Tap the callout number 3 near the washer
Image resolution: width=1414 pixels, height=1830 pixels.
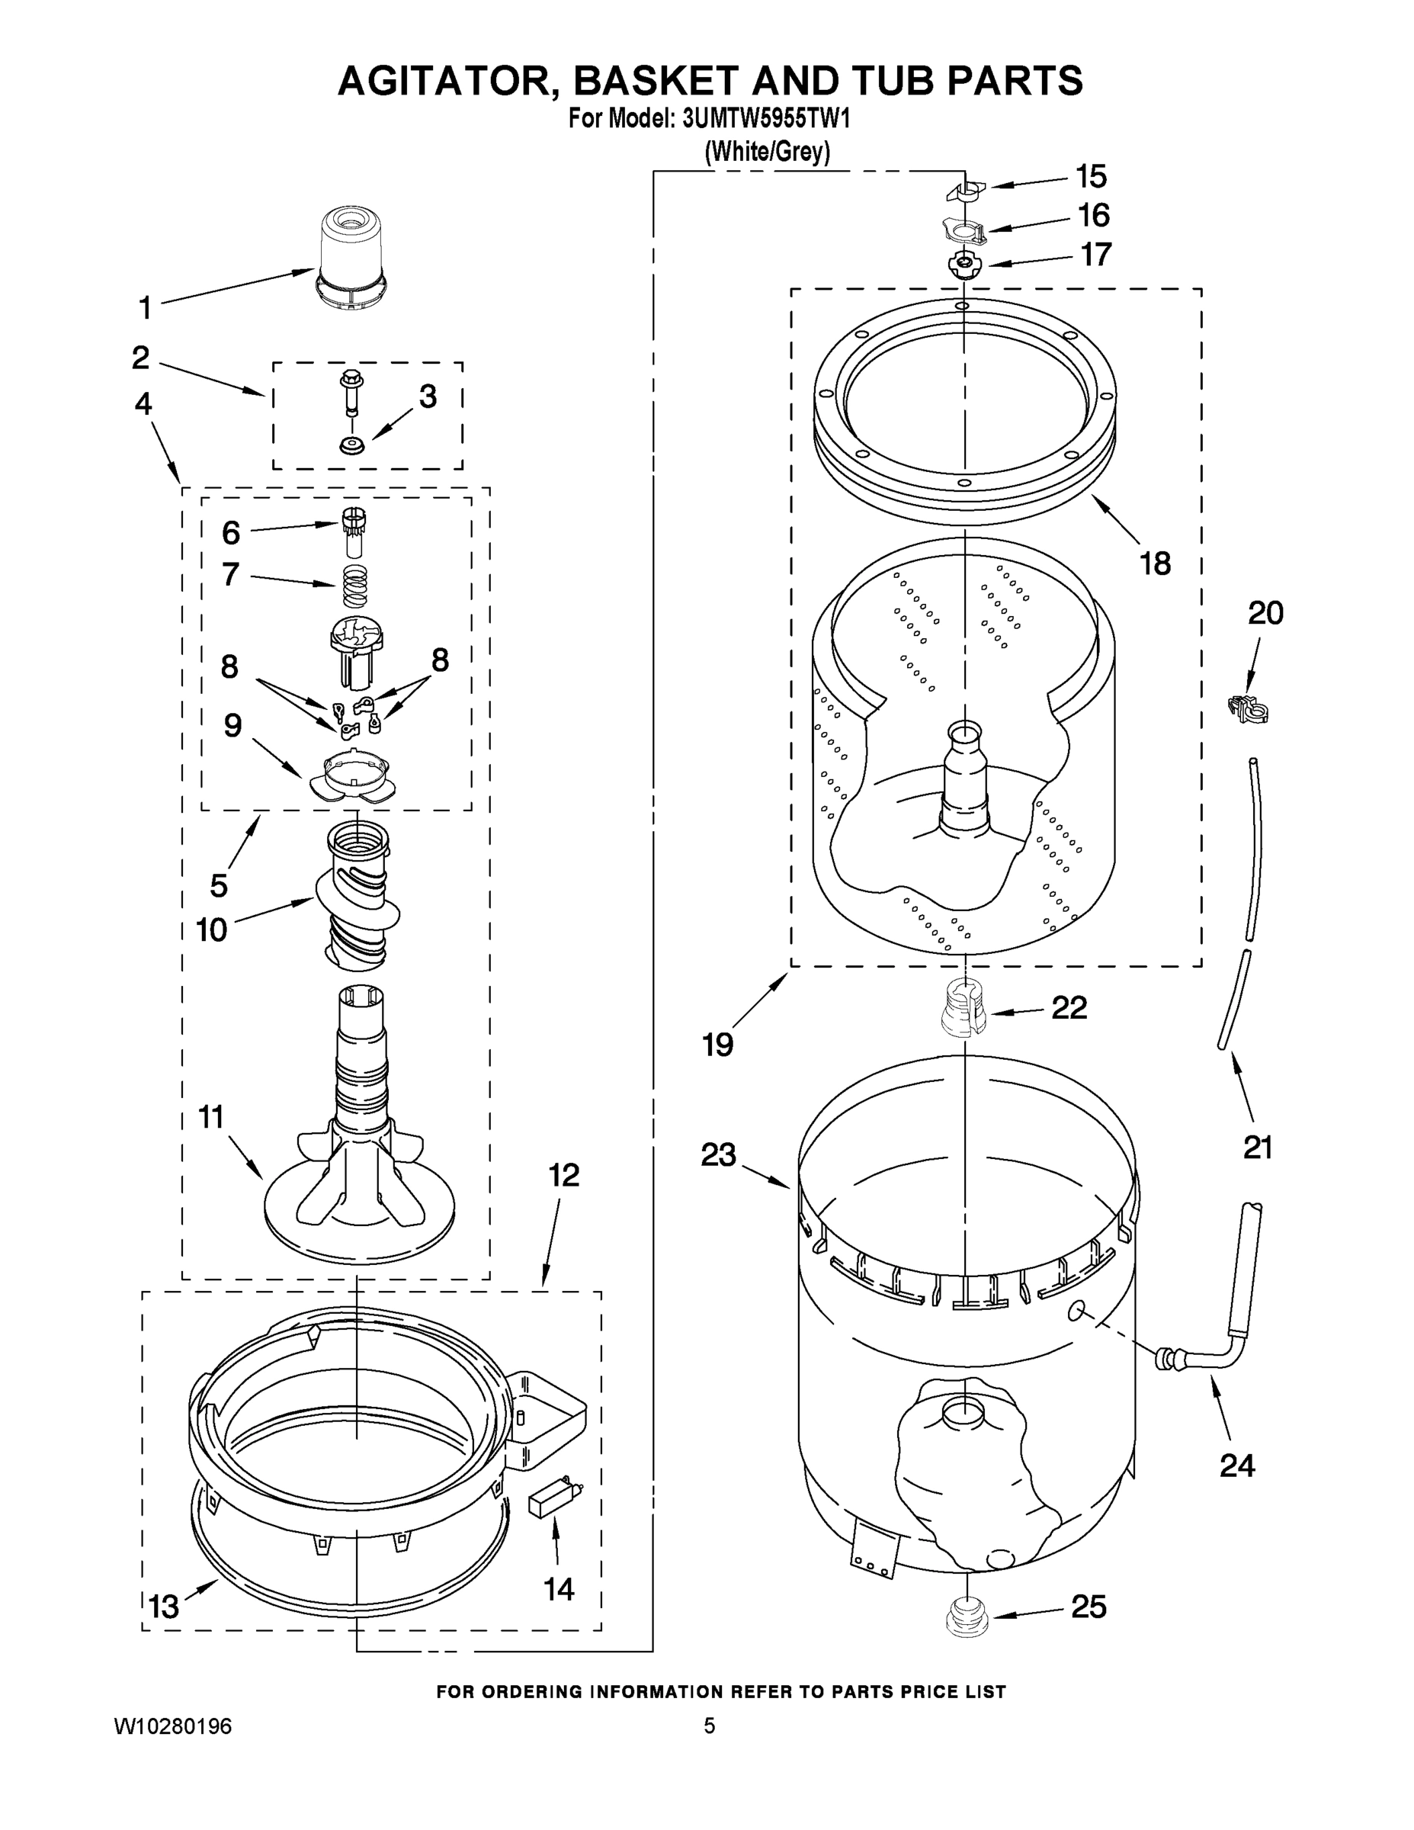(427, 396)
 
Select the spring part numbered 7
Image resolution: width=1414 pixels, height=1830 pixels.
(356, 585)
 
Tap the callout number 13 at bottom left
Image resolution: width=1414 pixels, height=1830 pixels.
(163, 1607)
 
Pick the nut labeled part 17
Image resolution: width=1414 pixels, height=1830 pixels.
(964, 265)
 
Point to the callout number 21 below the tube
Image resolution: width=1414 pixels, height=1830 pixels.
(1257, 1146)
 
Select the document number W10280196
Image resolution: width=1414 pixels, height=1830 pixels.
(172, 1726)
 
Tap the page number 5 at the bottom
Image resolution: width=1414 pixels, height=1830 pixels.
(709, 1726)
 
